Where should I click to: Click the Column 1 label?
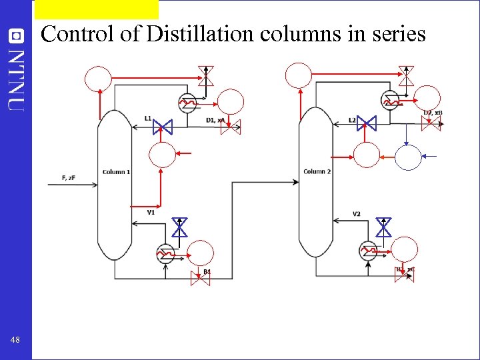tap(116, 172)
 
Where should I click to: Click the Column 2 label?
tap(317, 172)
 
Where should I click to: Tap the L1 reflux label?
tap(147, 118)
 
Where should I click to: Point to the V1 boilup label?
tap(151, 212)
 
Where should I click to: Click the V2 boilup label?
tap(357, 213)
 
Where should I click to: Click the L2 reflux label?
tap(352, 120)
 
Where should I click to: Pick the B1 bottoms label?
tap(207, 271)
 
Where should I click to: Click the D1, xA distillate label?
tap(215, 120)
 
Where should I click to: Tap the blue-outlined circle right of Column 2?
tap(409, 157)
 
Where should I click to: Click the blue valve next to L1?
tap(163, 126)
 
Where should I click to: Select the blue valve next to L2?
tap(366, 123)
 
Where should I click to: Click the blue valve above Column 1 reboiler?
tap(179, 228)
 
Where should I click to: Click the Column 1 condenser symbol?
tap(187, 102)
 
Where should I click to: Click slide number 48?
tap(15, 340)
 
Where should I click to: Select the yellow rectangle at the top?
tap(97, 9)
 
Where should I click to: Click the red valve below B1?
tap(200, 279)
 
